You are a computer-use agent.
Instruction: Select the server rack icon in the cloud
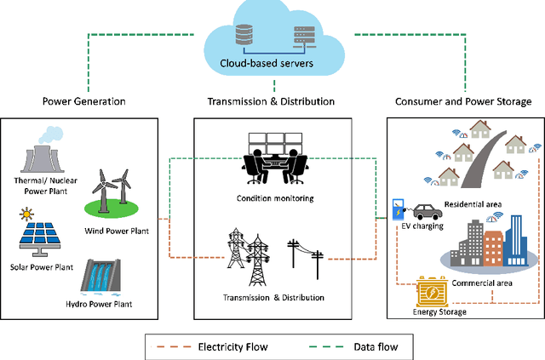click(x=304, y=34)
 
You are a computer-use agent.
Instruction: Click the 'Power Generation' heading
click(x=84, y=101)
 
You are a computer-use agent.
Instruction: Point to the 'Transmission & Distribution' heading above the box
click(x=271, y=101)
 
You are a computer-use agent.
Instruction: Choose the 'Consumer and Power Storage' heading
click(x=463, y=101)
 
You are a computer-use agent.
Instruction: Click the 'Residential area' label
click(x=473, y=206)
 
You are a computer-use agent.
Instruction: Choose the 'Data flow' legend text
click(x=375, y=346)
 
